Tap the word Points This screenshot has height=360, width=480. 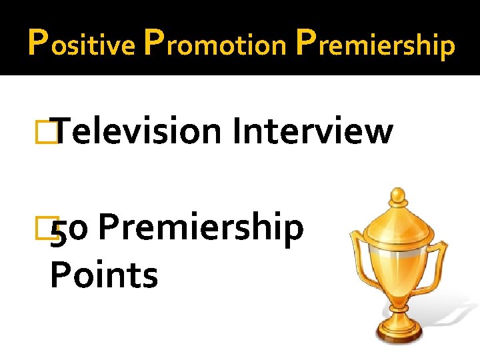pos(104,275)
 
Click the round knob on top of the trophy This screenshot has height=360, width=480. pos(398,196)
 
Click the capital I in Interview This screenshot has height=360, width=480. pos(237,130)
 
